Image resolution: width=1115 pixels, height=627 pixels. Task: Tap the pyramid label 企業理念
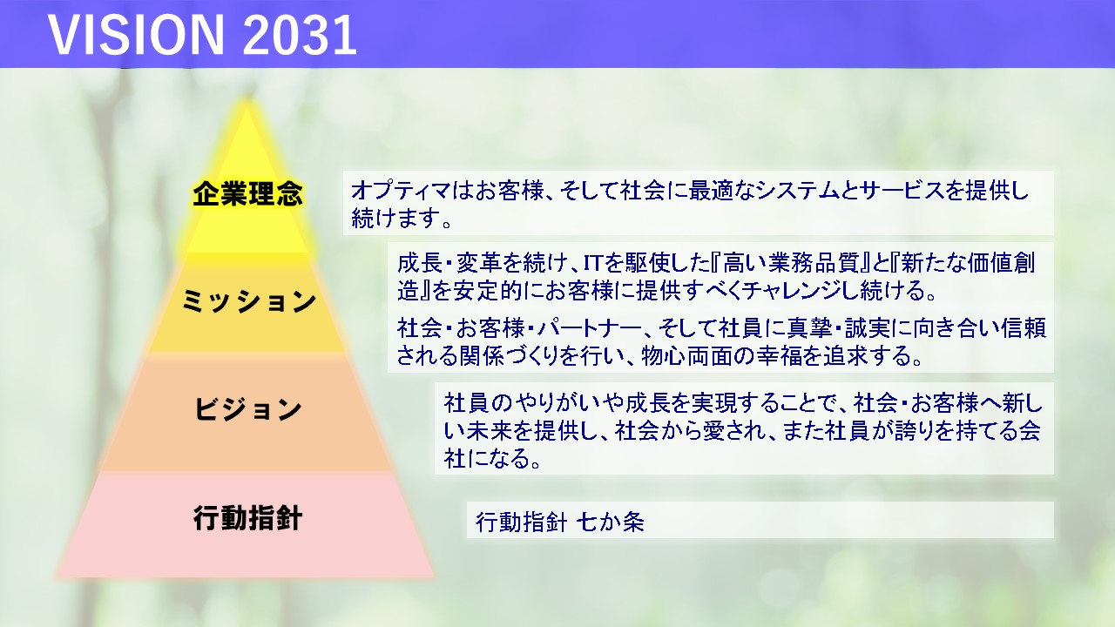(x=247, y=193)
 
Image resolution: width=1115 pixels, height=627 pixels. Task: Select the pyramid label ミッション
(x=248, y=301)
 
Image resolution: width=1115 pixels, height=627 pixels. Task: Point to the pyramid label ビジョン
(x=247, y=409)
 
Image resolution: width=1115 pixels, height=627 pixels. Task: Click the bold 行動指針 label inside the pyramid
(x=247, y=518)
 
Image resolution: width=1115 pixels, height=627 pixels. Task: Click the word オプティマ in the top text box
(x=401, y=191)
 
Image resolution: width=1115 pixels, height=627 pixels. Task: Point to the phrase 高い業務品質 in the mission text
(x=792, y=263)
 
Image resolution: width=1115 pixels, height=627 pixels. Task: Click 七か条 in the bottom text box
(x=611, y=522)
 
